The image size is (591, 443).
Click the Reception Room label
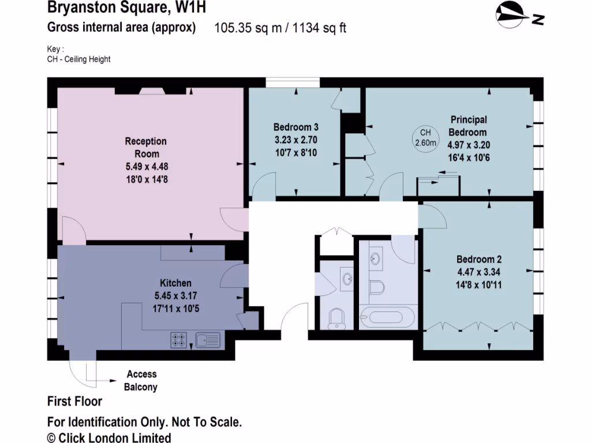[146, 148]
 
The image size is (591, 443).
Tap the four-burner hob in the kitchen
[179, 340]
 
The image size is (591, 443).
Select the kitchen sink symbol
[208, 340]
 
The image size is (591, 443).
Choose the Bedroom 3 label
[295, 127]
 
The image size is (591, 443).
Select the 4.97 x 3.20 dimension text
[468, 145]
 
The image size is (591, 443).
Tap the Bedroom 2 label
[476, 259]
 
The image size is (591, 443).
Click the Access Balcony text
[141, 381]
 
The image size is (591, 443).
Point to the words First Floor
[74, 401]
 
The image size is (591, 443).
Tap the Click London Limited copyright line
[109, 438]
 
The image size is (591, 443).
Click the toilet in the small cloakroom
[336, 318]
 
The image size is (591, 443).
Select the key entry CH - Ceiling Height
[79, 59]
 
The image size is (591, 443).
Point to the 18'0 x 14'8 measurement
[146, 179]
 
